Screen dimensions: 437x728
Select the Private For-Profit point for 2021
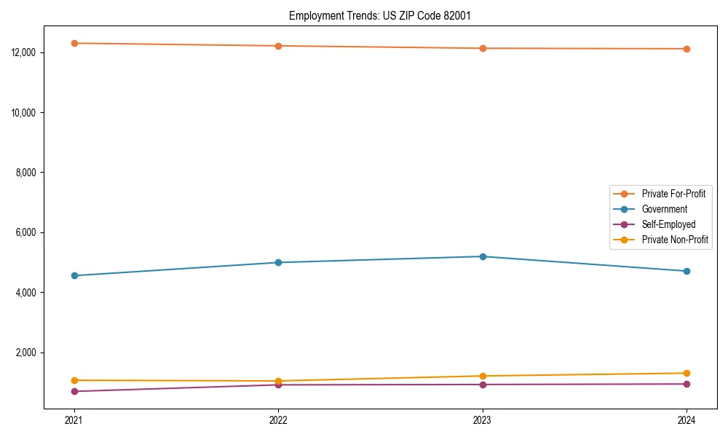[74, 43]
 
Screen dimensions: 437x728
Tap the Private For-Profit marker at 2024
[687, 49]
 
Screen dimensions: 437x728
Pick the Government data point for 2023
[483, 256]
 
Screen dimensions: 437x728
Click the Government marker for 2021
[74, 275]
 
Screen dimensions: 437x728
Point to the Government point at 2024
[687, 271]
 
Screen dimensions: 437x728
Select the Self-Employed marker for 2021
[74, 391]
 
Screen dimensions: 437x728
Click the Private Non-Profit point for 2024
[687, 373]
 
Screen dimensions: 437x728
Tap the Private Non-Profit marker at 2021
[74, 380]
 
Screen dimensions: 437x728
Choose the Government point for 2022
[278, 262]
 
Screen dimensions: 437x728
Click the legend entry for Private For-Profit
[673, 194]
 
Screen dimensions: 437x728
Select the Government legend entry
[664, 209]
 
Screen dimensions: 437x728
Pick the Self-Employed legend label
[668, 224]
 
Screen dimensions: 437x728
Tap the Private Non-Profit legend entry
[675, 240]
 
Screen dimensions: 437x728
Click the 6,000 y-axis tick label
[27, 233]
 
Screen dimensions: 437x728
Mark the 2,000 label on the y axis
[27, 353]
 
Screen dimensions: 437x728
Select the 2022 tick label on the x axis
[278, 420]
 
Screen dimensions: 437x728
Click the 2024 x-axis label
[687, 420]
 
